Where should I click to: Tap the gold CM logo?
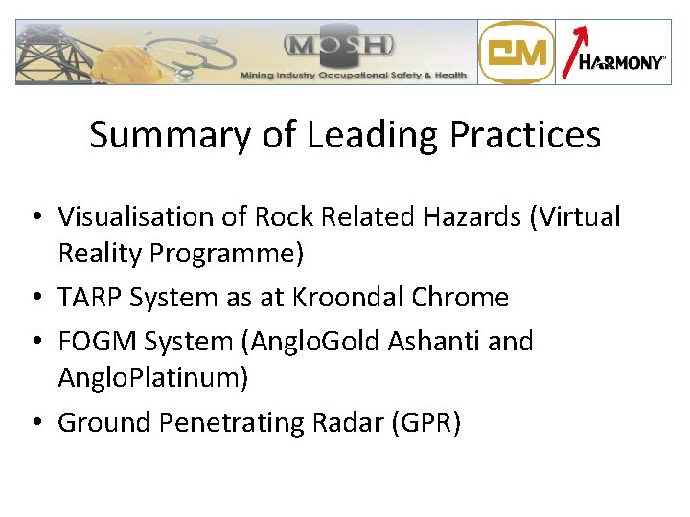(516, 53)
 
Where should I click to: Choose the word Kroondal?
(341, 297)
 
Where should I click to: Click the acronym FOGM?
(94, 341)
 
